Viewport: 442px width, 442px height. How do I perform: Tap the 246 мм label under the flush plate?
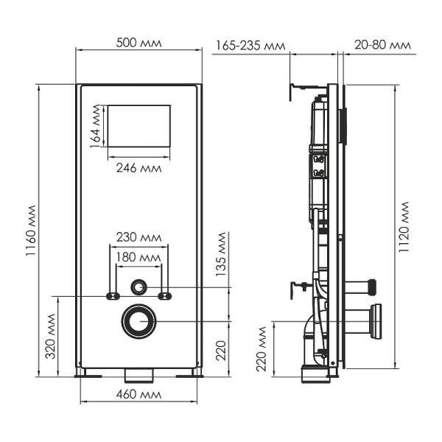pyautogui.click(x=138, y=166)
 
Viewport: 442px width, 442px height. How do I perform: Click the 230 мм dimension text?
pyautogui.click(x=139, y=237)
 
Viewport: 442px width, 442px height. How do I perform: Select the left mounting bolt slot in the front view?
pyautogui.click(x=113, y=296)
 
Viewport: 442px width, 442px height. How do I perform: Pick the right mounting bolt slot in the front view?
pyautogui.click(x=166, y=296)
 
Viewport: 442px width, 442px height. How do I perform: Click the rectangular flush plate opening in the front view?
pyautogui.click(x=139, y=125)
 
